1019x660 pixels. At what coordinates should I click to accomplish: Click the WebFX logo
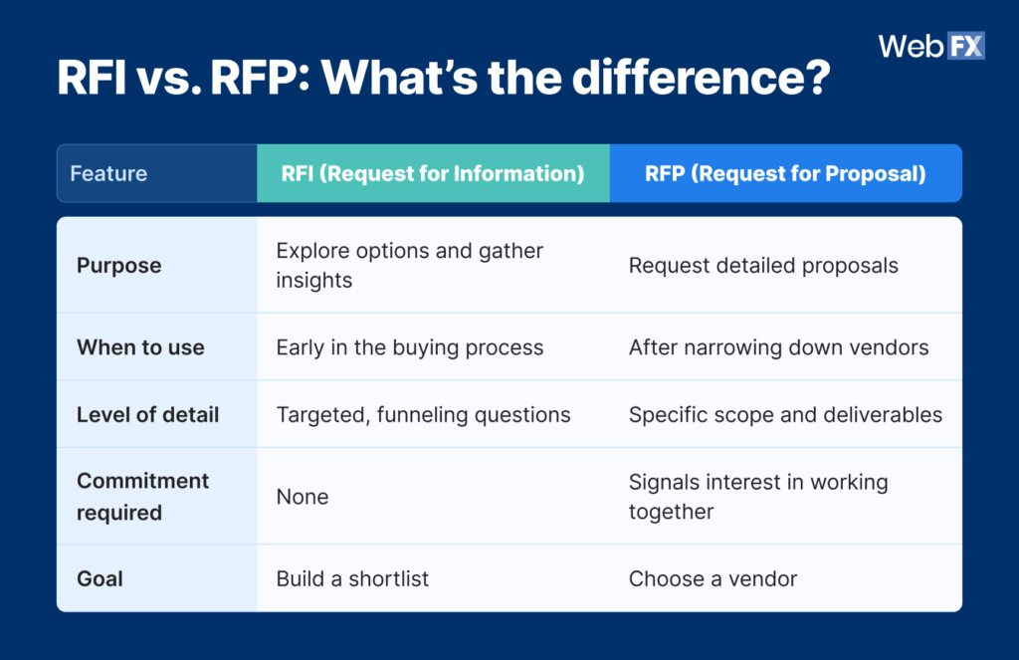pyautogui.click(x=930, y=46)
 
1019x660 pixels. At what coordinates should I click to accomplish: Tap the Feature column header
pyautogui.click(x=108, y=173)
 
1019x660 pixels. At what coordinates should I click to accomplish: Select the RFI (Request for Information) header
pyautogui.click(x=433, y=173)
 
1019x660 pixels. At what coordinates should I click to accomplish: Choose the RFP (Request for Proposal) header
pyautogui.click(x=785, y=173)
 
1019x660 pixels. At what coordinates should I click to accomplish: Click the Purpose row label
pyautogui.click(x=118, y=266)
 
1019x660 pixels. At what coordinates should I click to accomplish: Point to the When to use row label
pyautogui.click(x=140, y=347)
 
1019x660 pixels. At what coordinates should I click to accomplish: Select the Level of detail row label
pyautogui.click(x=147, y=414)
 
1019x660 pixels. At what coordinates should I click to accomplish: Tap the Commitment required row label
pyautogui.click(x=142, y=496)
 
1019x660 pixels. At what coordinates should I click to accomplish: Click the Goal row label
pyautogui.click(x=101, y=578)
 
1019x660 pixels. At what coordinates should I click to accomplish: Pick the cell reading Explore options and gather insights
pyautogui.click(x=409, y=266)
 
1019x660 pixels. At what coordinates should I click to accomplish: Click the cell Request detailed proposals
pyautogui.click(x=763, y=266)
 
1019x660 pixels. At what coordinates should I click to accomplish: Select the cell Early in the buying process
pyautogui.click(x=409, y=347)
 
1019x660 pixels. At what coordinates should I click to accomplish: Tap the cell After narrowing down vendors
pyautogui.click(x=778, y=347)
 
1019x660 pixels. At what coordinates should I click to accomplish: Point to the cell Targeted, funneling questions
pyautogui.click(x=423, y=414)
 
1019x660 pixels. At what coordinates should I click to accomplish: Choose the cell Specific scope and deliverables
pyautogui.click(x=785, y=414)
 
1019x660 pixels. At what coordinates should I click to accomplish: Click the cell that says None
pyautogui.click(x=302, y=496)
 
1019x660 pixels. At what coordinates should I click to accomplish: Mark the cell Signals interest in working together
pyautogui.click(x=757, y=496)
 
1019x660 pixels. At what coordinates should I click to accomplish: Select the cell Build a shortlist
pyautogui.click(x=352, y=578)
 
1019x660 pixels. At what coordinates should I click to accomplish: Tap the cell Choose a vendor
pyautogui.click(x=713, y=578)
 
